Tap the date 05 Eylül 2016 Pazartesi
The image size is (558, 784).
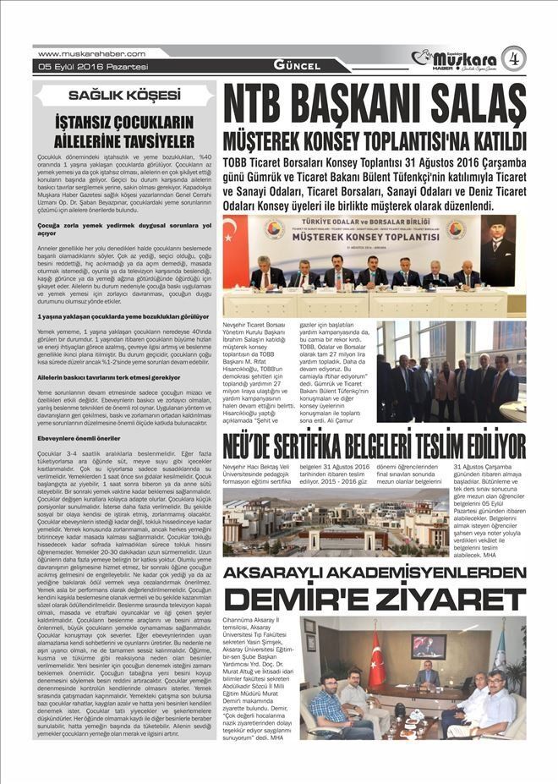click(81, 67)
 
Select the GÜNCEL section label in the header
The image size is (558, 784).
click(297, 66)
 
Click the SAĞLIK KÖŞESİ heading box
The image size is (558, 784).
click(123, 95)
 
